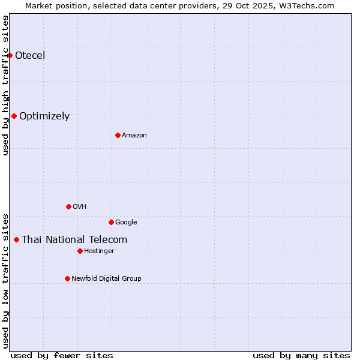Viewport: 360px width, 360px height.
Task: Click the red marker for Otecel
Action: point(10,55)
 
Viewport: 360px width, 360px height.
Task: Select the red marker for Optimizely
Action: point(14,116)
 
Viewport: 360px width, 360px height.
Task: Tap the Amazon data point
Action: point(118,135)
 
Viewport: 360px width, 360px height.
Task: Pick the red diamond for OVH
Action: point(68,206)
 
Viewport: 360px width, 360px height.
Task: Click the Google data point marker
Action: point(111,222)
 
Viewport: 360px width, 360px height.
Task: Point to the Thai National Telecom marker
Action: point(16,239)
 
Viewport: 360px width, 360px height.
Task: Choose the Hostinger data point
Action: point(80,251)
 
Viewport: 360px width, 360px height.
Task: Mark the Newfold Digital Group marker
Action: point(67,278)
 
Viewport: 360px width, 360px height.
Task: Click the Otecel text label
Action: point(30,56)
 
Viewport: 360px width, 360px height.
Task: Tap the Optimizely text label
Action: point(44,116)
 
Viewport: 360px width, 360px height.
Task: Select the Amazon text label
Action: point(134,136)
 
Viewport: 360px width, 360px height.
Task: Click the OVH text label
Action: point(80,207)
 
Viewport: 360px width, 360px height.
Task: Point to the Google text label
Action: point(126,223)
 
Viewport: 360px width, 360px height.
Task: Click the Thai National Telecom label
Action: point(74,240)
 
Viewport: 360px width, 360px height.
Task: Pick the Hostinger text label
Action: point(99,251)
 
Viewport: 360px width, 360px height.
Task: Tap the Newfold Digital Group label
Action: point(106,279)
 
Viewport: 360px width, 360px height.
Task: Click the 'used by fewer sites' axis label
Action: point(62,356)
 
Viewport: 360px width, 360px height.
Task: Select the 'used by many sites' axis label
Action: point(301,356)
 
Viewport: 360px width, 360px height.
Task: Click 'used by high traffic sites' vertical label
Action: point(6,85)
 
